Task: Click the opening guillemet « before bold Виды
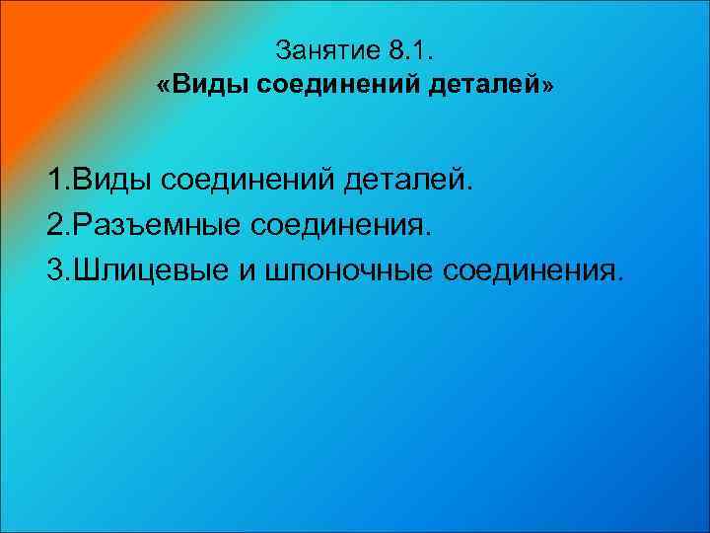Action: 162,86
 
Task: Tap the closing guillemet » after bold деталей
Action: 548,86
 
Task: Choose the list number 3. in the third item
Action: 57,271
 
